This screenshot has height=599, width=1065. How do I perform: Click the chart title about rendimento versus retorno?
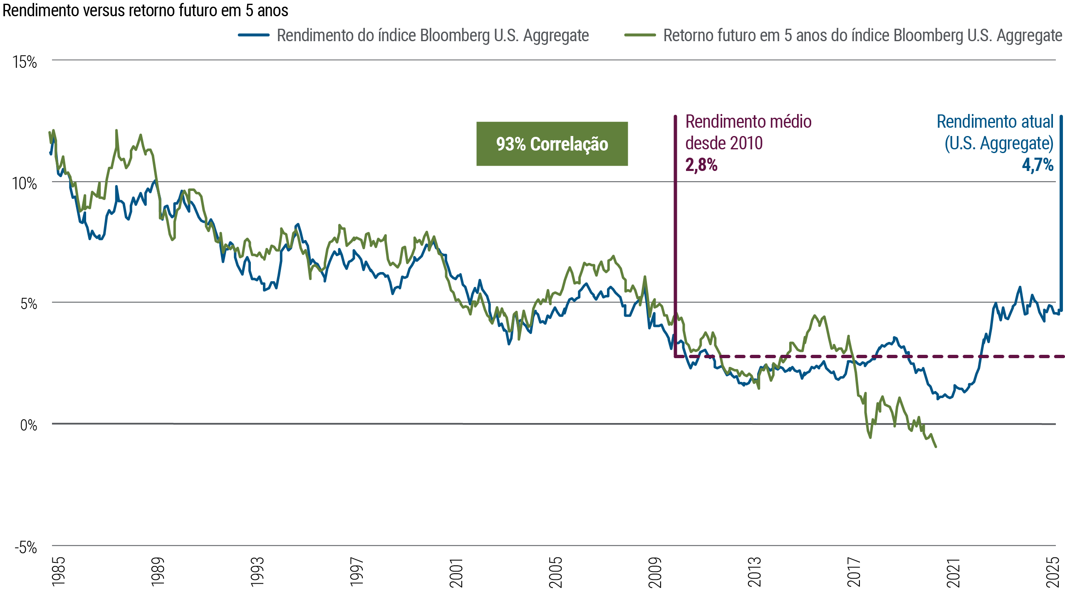145,10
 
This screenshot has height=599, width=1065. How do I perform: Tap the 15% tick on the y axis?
25,62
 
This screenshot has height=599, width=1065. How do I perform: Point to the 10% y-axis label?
25,183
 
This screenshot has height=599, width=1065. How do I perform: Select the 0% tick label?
28,425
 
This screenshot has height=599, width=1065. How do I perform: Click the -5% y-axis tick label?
26,547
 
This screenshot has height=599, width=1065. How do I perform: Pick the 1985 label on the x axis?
59,572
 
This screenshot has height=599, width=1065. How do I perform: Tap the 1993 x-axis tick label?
258,572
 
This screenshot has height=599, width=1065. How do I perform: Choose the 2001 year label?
456,572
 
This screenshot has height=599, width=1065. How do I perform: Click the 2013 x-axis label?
754,572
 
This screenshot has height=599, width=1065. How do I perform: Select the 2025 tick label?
1053,572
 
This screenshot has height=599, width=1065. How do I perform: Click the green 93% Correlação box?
552,144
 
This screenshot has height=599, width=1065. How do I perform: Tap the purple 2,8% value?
701,165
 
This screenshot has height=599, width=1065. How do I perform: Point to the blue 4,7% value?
1038,165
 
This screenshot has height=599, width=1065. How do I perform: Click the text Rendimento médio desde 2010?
748,132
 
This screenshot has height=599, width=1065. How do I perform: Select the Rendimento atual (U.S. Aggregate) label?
995,132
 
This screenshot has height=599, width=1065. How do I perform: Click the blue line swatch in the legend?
254,35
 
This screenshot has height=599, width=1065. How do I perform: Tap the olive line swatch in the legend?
640,35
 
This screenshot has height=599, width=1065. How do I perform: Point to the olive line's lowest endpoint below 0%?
936,447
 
